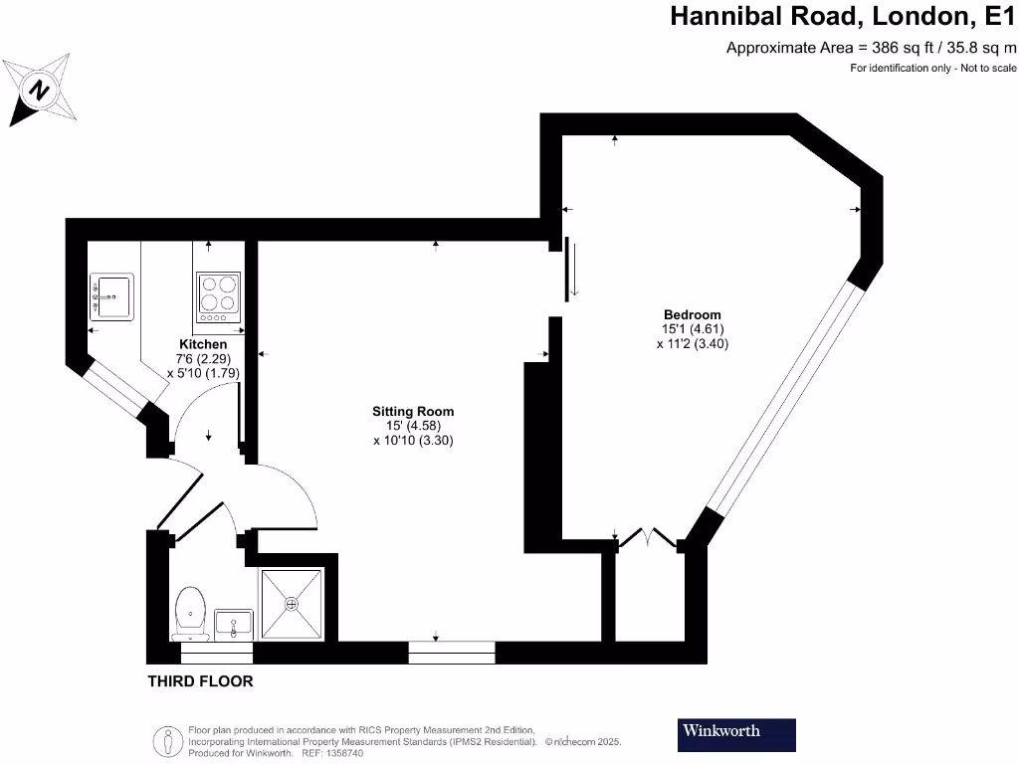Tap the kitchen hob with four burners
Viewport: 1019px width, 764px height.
point(218,295)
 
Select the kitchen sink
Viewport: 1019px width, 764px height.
point(111,295)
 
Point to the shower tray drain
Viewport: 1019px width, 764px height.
point(292,603)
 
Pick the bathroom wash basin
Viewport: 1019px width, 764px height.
point(233,624)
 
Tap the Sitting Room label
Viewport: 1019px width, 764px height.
point(413,410)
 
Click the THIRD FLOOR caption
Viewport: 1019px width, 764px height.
point(200,681)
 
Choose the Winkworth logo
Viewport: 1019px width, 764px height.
point(736,734)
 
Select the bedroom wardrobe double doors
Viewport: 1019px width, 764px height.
point(648,539)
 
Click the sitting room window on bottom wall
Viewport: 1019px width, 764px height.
point(452,653)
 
